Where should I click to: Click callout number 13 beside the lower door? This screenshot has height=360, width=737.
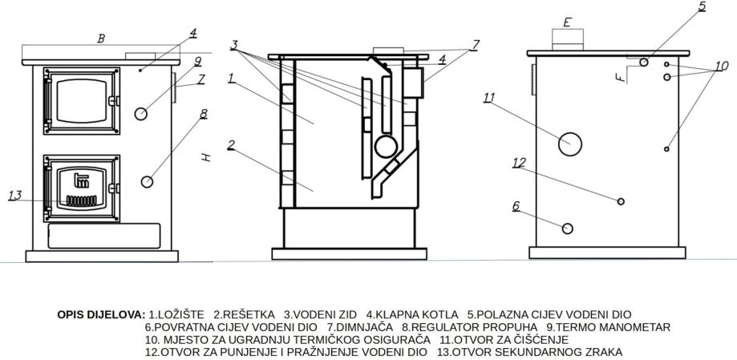(x=14, y=195)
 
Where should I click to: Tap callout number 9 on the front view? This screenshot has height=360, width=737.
(x=197, y=60)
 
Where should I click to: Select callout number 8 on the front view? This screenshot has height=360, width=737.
(x=204, y=114)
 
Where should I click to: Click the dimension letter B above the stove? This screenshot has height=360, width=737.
(x=100, y=38)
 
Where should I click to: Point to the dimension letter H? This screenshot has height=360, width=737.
(x=206, y=158)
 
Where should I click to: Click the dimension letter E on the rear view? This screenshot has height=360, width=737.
(x=567, y=22)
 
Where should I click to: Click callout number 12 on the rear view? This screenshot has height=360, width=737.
(x=519, y=163)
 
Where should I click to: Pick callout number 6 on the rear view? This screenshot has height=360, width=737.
(x=516, y=206)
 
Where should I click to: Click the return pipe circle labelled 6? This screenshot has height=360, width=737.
(x=568, y=229)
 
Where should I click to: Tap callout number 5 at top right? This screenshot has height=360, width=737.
(x=702, y=6)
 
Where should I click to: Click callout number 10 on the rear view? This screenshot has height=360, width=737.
(x=722, y=66)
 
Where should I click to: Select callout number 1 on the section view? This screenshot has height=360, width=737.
(x=230, y=79)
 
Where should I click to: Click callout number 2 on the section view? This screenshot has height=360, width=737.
(x=230, y=145)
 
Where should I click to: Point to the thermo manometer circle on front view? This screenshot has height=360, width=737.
(x=141, y=113)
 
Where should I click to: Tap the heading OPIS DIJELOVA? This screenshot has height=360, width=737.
(x=101, y=314)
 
